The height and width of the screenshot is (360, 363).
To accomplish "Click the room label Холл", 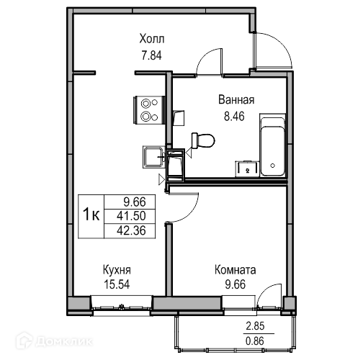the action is click(x=152, y=39).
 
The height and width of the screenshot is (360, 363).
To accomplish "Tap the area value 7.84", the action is click(x=152, y=55).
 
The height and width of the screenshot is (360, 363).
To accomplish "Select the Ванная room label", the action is click(x=236, y=99).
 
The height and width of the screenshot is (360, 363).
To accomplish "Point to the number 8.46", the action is click(x=234, y=117).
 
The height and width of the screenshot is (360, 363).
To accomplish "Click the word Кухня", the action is click(x=117, y=270).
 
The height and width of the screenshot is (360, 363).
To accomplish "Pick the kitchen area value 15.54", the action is click(x=117, y=284).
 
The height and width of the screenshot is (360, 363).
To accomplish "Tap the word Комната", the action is click(x=236, y=270).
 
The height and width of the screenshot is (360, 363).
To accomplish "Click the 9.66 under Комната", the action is click(x=236, y=284).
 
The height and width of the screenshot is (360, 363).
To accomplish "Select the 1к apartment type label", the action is click(x=91, y=215).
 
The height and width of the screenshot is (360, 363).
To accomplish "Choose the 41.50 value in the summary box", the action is click(x=131, y=216).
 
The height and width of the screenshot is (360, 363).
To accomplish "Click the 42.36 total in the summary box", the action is click(x=131, y=230).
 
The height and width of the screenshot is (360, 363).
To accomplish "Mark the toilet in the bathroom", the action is click(x=203, y=140).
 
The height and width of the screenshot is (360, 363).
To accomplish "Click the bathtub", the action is click(x=273, y=145).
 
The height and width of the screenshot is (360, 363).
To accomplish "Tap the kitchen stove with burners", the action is click(x=149, y=110).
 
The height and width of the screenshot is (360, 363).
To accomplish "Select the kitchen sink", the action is click(x=153, y=157).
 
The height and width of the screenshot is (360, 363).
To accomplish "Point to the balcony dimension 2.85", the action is click(x=255, y=326).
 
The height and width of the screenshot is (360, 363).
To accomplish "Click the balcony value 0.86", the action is click(x=255, y=341).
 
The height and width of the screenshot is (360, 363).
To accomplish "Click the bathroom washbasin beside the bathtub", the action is click(x=247, y=168).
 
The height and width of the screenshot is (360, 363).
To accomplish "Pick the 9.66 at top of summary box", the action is click(x=135, y=202).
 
